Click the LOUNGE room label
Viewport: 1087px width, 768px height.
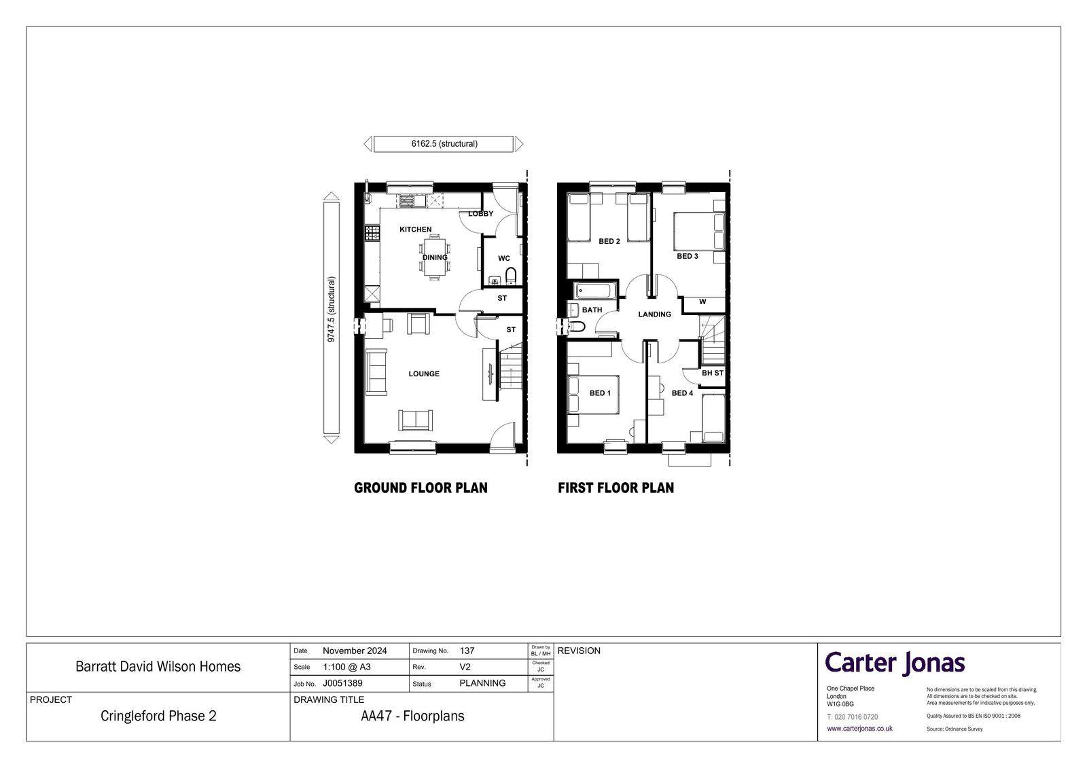click(x=424, y=373)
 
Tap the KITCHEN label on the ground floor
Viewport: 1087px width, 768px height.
click(x=415, y=230)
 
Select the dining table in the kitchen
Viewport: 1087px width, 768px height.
click(x=434, y=257)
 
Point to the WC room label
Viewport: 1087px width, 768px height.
click(x=503, y=258)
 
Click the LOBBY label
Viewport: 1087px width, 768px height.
click(x=480, y=213)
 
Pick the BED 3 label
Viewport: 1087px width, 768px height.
click(x=687, y=256)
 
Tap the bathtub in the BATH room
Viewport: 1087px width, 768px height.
click(x=594, y=291)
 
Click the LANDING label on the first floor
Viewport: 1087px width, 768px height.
click(x=655, y=314)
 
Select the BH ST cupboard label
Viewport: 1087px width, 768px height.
click(x=713, y=373)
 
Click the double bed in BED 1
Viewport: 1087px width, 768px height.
click(x=594, y=395)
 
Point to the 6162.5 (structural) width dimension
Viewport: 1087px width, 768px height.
click(x=444, y=143)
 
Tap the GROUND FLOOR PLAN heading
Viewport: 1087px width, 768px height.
click(x=421, y=488)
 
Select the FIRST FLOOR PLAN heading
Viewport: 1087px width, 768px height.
click(x=616, y=488)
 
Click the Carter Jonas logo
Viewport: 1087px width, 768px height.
click(x=895, y=663)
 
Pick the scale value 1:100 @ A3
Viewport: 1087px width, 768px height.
click(x=346, y=667)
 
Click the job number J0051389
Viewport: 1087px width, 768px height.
click(x=342, y=683)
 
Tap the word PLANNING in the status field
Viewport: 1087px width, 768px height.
click(x=482, y=683)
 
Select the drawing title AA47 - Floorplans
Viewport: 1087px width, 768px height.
click(x=412, y=716)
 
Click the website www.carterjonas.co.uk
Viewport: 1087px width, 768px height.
click(x=859, y=729)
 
